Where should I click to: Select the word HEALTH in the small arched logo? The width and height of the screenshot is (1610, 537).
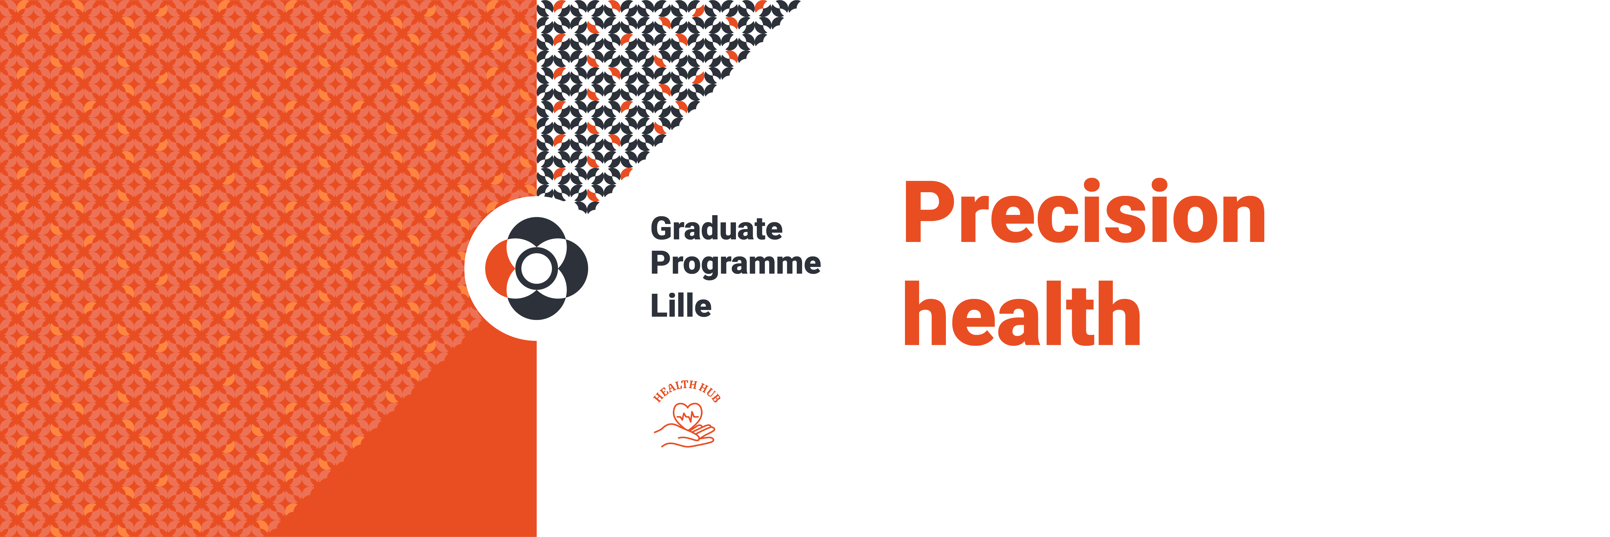[x=675, y=389]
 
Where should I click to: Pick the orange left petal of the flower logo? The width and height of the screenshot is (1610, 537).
[x=497, y=268]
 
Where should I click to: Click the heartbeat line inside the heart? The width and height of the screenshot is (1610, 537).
[x=688, y=416]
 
